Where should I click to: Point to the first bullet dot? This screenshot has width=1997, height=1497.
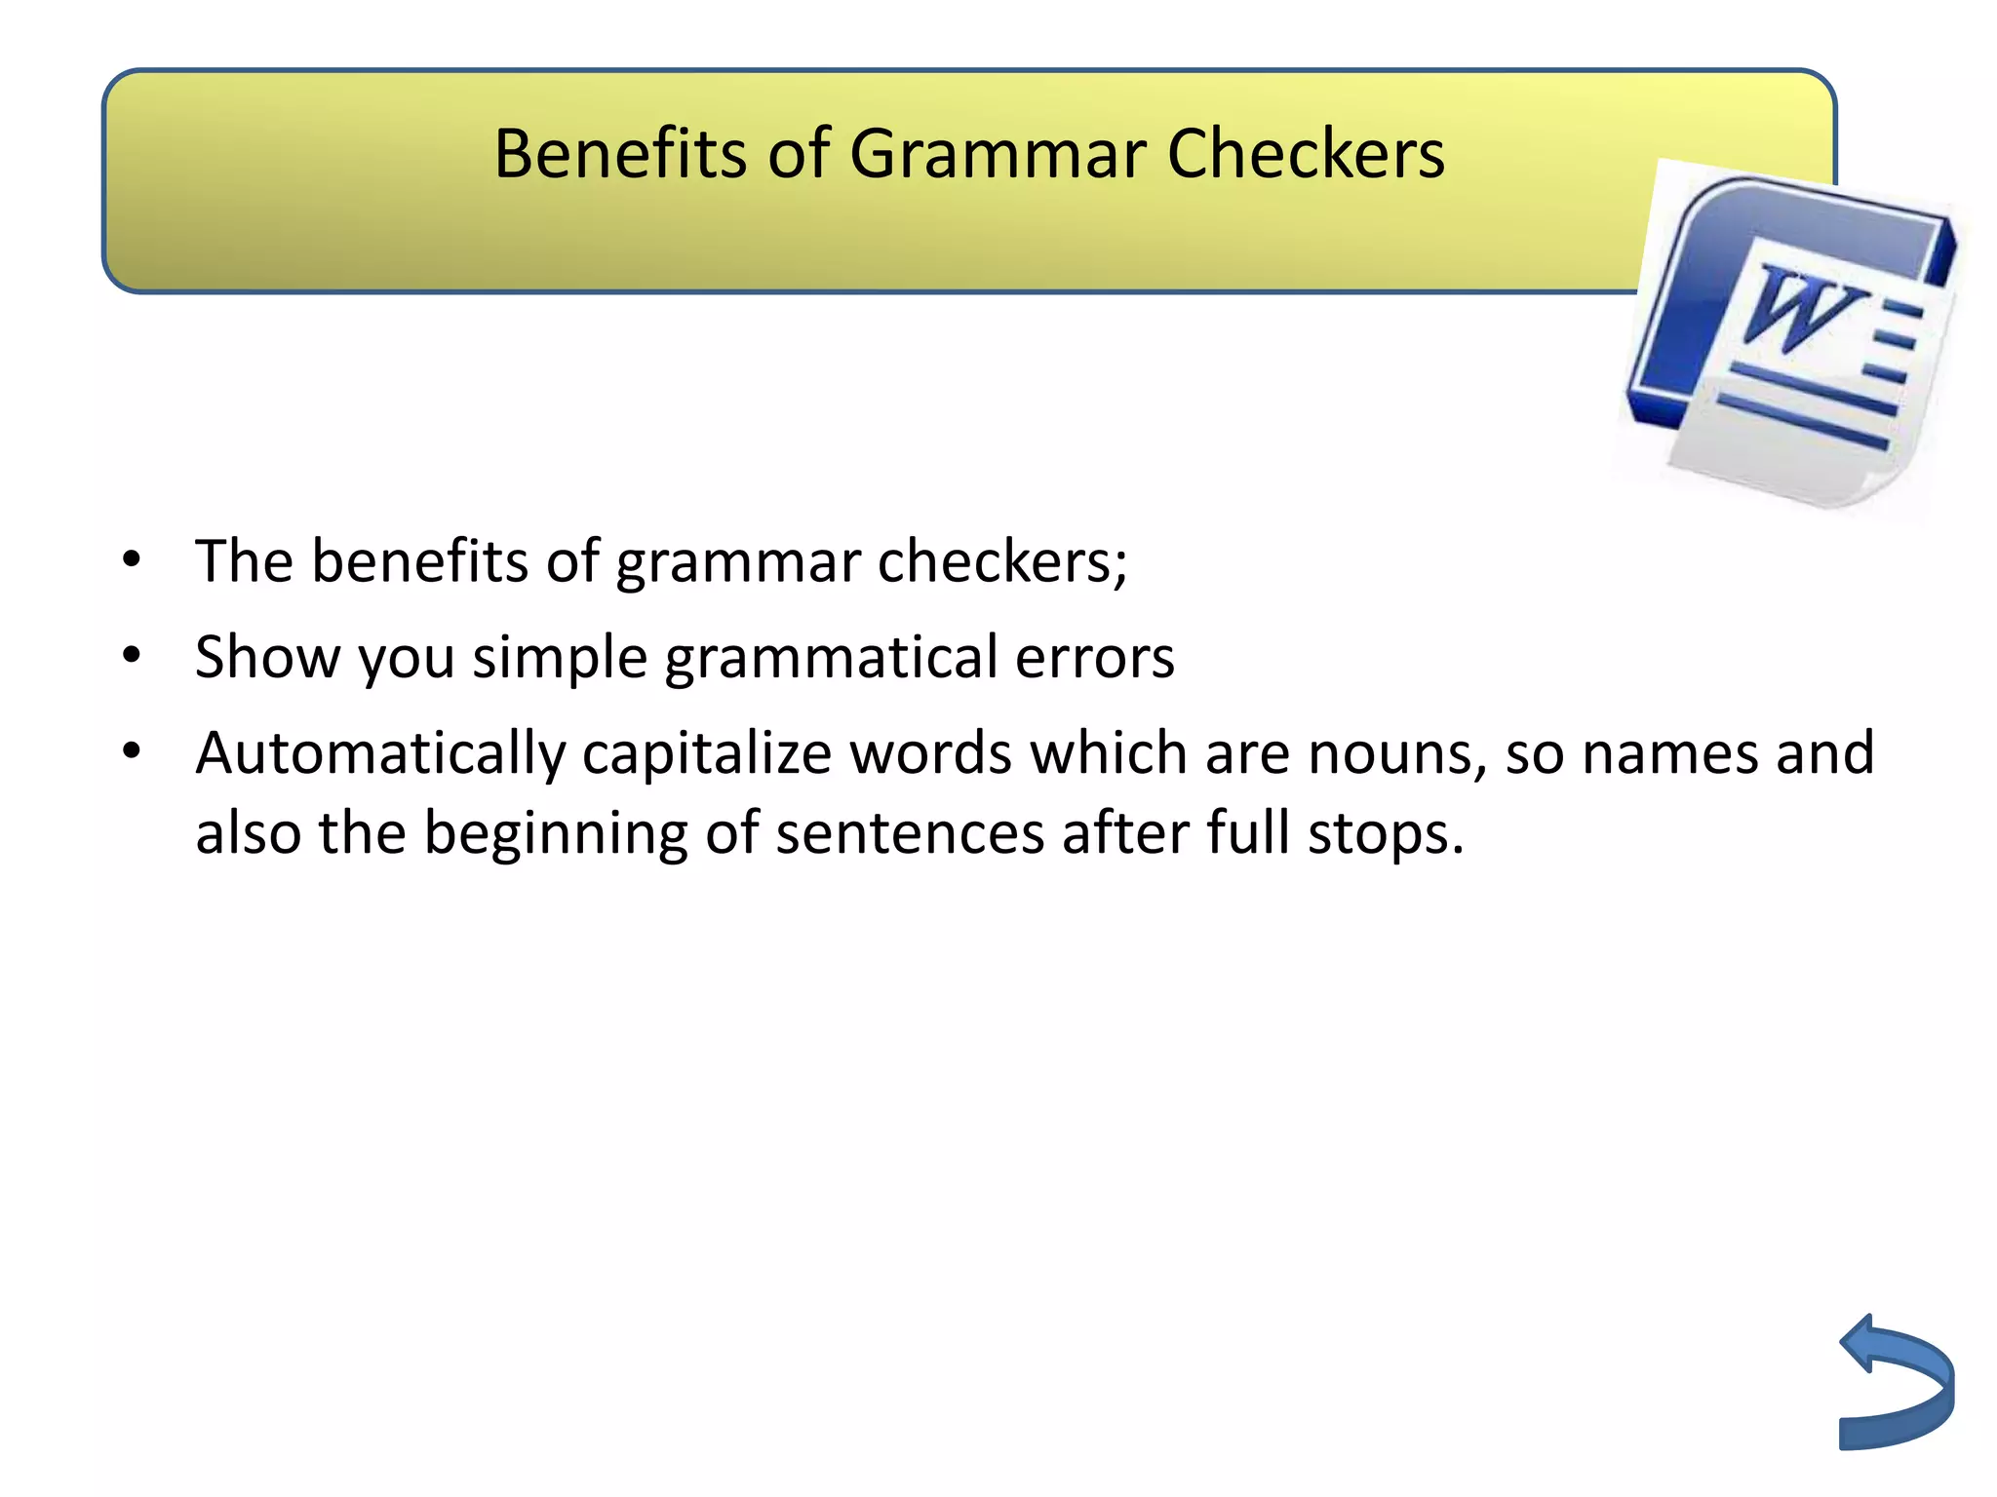click(132, 560)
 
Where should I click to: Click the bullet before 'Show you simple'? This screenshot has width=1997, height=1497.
click(132, 656)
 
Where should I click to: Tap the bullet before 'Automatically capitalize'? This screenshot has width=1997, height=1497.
click(132, 751)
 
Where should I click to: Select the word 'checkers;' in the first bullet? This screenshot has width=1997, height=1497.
click(1002, 562)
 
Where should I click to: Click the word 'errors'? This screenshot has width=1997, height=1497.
click(1095, 658)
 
